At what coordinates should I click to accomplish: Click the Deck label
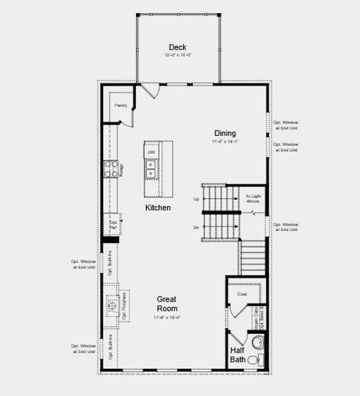177,47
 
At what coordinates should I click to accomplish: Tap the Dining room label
225,133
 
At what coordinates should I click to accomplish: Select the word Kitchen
158,208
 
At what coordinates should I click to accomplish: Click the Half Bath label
238,355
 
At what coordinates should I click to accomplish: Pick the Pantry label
120,105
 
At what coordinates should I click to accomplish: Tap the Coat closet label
242,294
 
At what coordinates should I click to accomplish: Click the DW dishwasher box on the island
151,152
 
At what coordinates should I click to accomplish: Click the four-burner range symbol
110,170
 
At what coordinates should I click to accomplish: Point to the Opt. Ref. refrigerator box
112,225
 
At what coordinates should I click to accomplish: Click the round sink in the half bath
258,343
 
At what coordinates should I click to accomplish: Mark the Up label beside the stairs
196,199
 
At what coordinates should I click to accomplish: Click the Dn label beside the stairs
196,227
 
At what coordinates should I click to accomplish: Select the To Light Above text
254,199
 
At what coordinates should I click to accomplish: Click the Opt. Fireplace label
124,307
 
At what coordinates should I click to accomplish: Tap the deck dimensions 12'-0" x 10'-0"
177,55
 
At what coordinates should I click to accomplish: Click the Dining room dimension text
225,141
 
